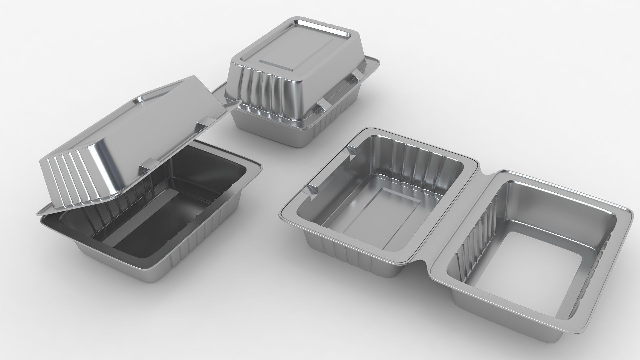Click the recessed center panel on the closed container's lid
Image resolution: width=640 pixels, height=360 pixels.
coord(293,53)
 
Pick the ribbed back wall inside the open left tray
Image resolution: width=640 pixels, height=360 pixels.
coord(417,160)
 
